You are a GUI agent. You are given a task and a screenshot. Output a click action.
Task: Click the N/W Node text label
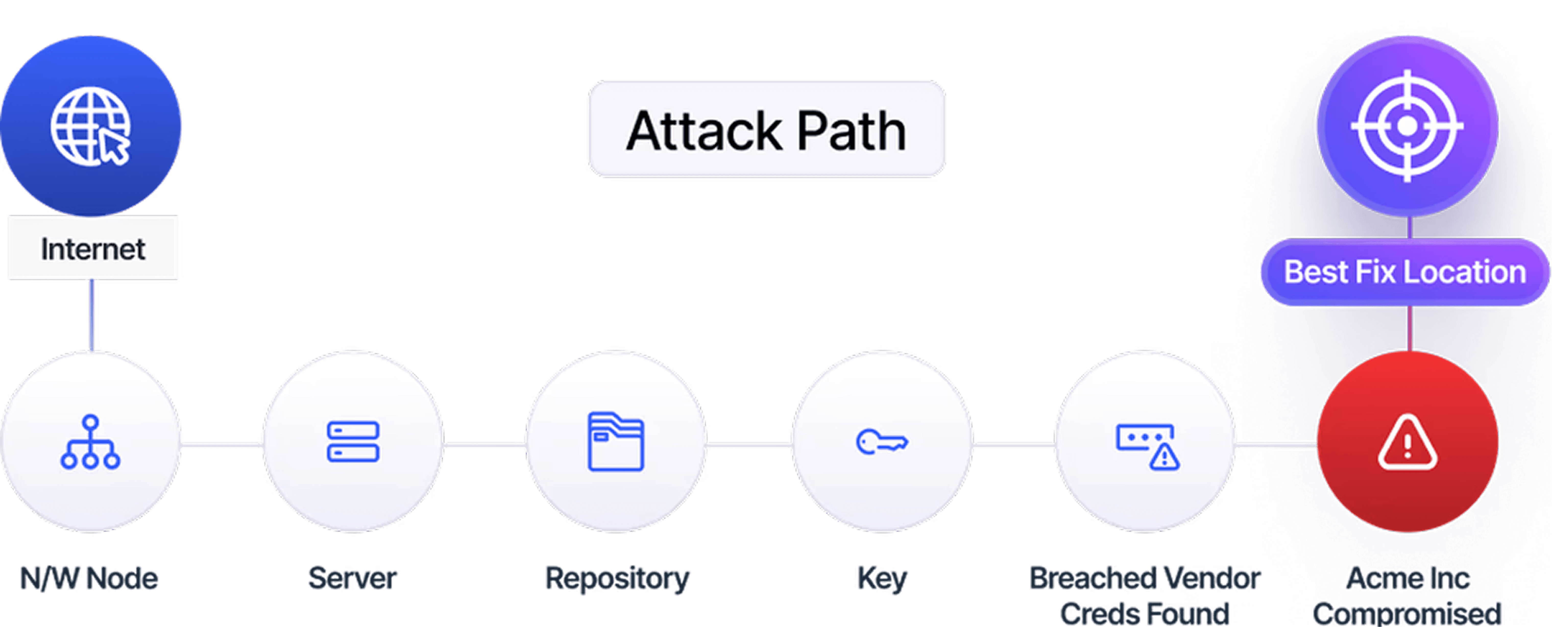tap(89, 578)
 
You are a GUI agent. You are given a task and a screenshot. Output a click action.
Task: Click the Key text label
tap(881, 578)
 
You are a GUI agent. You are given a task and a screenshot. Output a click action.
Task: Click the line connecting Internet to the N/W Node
tap(92, 315)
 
